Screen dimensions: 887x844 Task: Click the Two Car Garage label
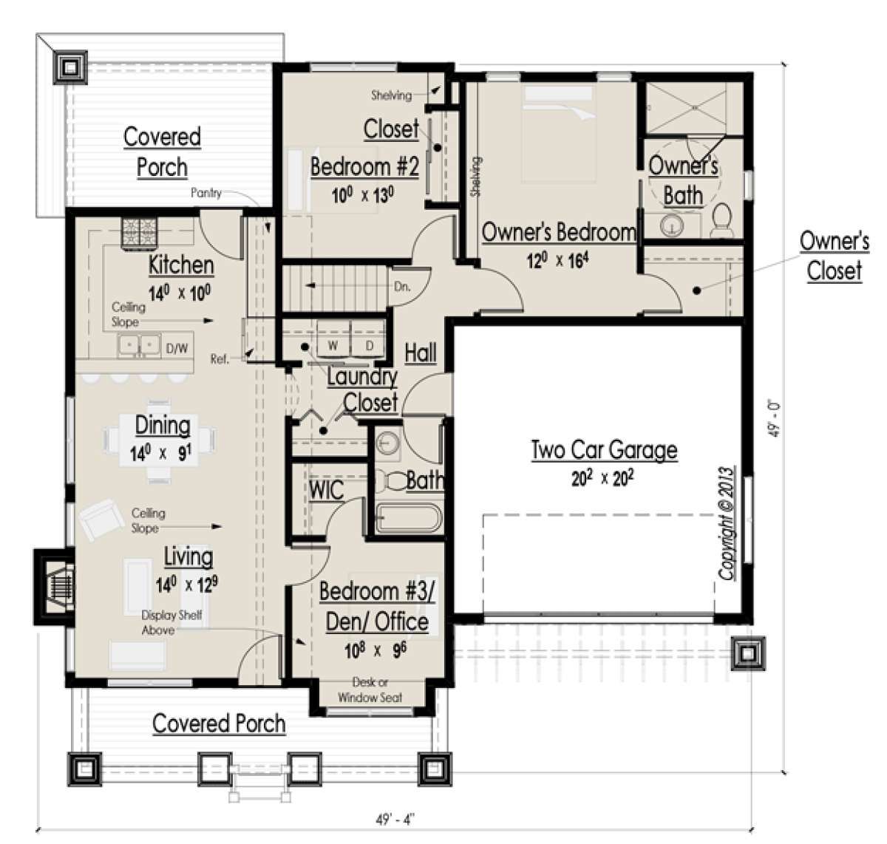tap(604, 450)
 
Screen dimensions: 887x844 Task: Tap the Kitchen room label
tap(181, 265)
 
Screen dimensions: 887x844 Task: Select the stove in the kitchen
tap(140, 233)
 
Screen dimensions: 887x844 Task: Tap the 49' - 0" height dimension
tap(775, 418)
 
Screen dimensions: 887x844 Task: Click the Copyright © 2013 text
tap(727, 523)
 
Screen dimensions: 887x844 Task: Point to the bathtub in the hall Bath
tap(409, 518)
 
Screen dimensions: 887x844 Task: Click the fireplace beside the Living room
tap(55, 586)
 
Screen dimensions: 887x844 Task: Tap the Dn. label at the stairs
tap(402, 287)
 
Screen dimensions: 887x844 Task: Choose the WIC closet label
tap(326, 490)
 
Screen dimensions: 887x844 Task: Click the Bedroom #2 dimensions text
tap(363, 195)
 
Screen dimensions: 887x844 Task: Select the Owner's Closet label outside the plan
tap(835, 256)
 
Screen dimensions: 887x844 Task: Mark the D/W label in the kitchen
tap(177, 348)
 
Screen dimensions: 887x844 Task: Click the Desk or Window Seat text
tap(370, 690)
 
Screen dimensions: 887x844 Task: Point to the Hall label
tap(421, 353)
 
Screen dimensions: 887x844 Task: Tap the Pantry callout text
tap(206, 193)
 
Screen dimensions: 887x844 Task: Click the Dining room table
tap(159, 439)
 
